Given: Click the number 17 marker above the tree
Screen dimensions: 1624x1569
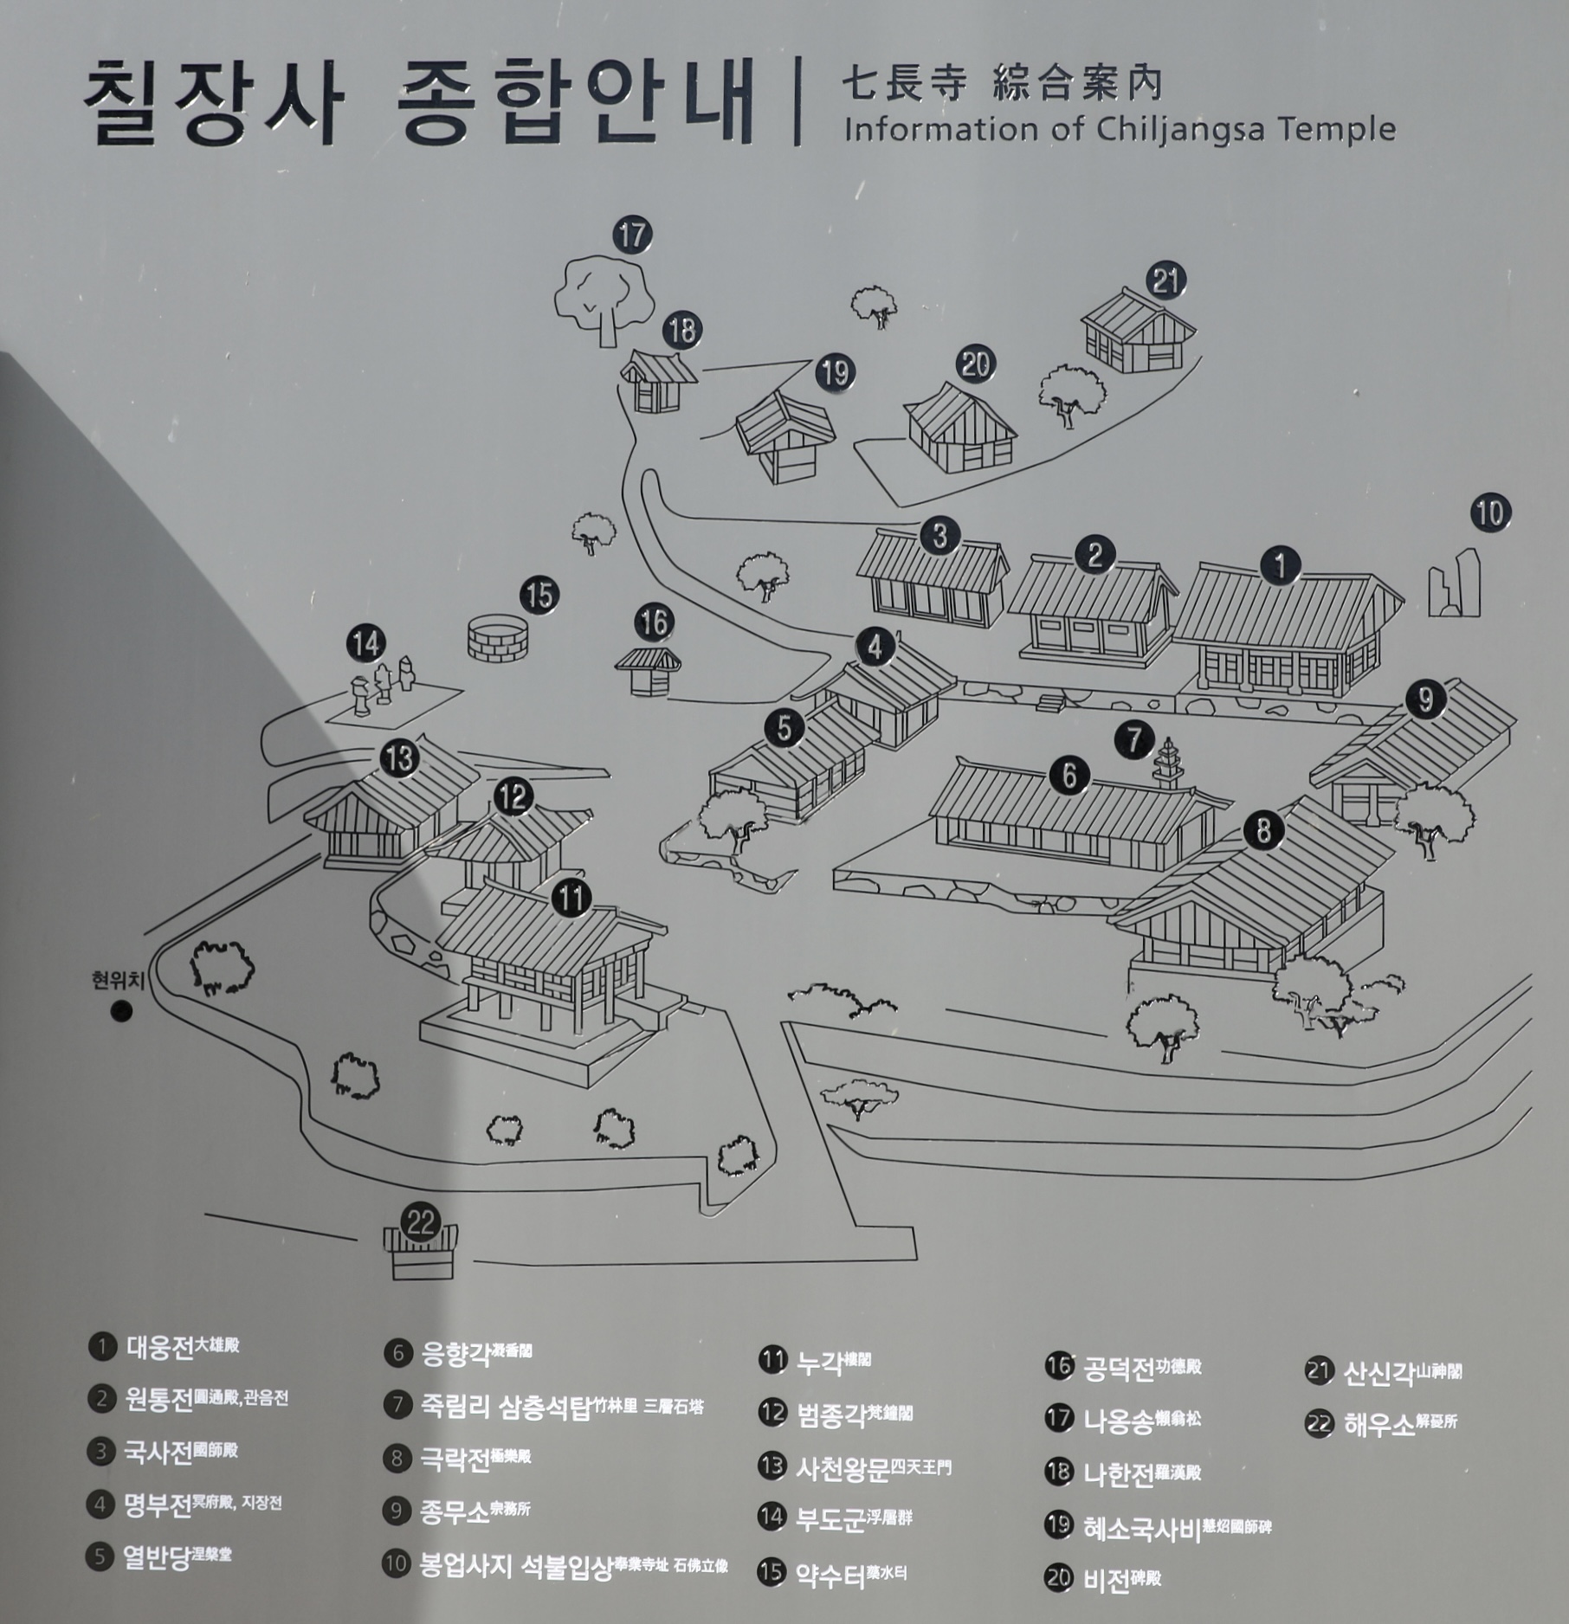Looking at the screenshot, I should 632,235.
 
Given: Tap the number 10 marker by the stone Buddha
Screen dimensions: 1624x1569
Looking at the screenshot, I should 1490,513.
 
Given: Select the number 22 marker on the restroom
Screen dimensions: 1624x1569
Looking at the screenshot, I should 421,1222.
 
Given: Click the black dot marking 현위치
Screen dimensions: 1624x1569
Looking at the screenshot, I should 122,1010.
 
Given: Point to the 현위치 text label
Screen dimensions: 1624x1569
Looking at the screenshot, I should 118,980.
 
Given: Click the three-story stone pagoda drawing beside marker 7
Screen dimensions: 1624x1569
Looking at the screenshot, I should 1168,764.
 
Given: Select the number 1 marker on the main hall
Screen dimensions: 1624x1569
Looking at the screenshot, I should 1280,565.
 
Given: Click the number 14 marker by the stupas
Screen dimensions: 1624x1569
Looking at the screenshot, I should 366,644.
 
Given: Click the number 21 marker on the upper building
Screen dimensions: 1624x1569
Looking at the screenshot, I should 1166,280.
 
